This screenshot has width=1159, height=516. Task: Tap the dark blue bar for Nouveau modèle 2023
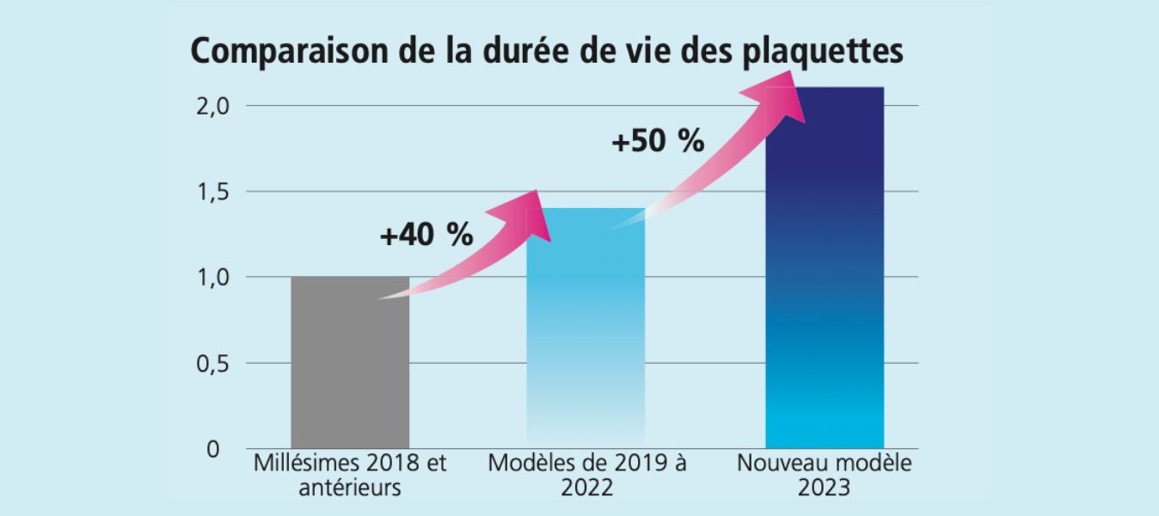(x=825, y=275)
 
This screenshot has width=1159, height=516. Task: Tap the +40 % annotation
(x=426, y=235)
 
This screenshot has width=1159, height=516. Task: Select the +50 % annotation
(x=658, y=140)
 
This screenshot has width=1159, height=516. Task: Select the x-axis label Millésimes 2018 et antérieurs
(x=350, y=475)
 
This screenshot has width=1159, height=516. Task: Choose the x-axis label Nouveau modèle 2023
(x=825, y=475)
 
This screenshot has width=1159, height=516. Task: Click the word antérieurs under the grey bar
(x=350, y=488)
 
